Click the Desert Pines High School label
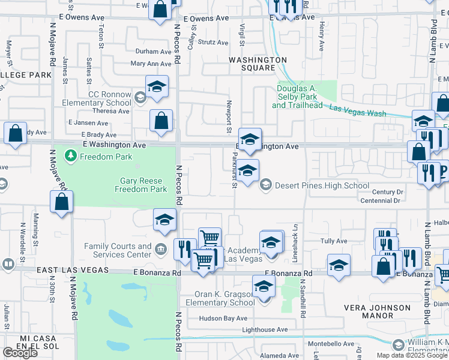point(322,185)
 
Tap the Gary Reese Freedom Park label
point(141,185)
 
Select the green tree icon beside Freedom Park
point(71,157)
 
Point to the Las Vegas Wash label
point(358,109)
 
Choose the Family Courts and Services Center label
point(118,250)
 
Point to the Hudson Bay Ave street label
point(220,318)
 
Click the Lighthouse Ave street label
point(265,329)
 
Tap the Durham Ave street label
point(154,52)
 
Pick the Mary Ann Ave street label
point(151,64)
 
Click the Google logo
point(20,353)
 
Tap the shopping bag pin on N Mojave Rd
point(62,202)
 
